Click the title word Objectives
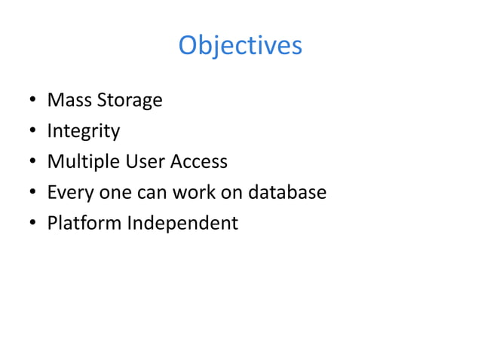click(240, 46)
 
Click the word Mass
click(66, 100)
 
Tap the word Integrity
click(83, 132)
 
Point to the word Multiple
click(80, 163)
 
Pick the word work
click(192, 193)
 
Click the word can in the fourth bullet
click(151, 194)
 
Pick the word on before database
click(228, 194)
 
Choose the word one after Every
click(112, 194)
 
